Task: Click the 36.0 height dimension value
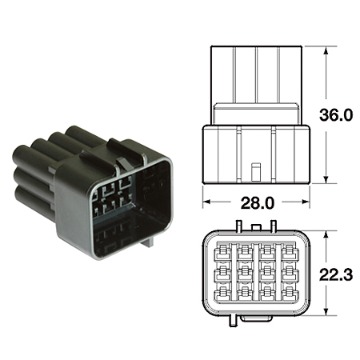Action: (x=337, y=115)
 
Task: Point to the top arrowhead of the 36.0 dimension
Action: (x=326, y=50)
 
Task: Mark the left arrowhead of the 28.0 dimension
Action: (x=206, y=202)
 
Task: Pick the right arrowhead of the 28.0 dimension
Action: (x=305, y=202)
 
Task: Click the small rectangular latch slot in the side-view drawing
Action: (x=255, y=172)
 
